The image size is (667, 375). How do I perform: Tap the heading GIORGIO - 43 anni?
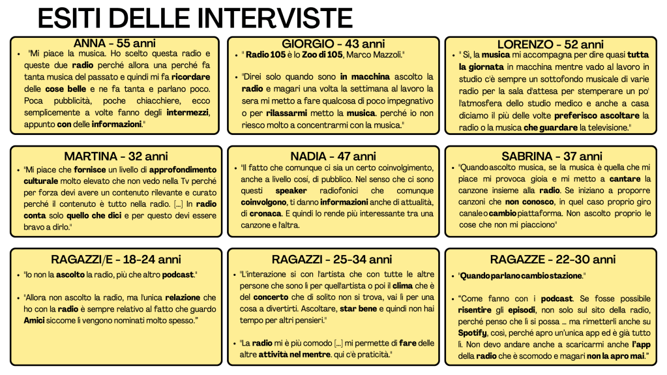coord(333,43)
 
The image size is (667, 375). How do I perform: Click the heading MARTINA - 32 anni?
coord(115,157)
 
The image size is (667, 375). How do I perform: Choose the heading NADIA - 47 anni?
coord(333,157)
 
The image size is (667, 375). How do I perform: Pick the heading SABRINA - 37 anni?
coord(552,157)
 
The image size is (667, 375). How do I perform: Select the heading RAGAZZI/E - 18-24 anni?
coord(115,260)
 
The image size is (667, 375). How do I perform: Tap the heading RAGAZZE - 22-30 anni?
coord(552,260)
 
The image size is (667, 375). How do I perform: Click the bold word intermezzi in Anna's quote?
coord(188,112)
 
